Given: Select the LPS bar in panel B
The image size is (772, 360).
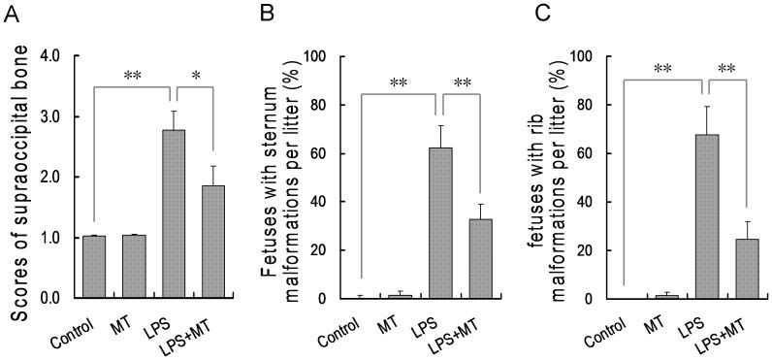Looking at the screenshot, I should click(x=440, y=223).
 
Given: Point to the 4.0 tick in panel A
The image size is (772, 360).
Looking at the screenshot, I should click(x=57, y=56).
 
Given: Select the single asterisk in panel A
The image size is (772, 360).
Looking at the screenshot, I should click(x=196, y=76).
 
